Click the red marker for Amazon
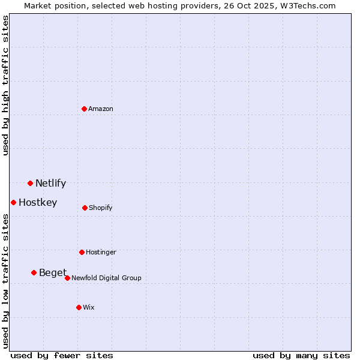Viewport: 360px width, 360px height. pyautogui.click(x=85, y=109)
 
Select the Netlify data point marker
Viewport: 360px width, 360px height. pyautogui.click(x=30, y=183)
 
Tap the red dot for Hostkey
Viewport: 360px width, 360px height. pyautogui.click(x=13, y=202)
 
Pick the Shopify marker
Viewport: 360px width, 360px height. pyautogui.click(x=85, y=208)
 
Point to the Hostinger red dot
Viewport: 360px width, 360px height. pyautogui.click(x=82, y=252)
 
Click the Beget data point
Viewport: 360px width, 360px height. pyautogui.click(x=34, y=272)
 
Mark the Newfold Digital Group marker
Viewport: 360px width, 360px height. pyautogui.click(x=67, y=278)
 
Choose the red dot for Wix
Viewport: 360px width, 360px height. pyautogui.click(x=79, y=307)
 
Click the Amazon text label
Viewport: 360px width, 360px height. pyautogui.click(x=101, y=109)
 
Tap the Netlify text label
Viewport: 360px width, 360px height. pyautogui.click(x=50, y=184)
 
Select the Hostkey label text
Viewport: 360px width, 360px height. pyautogui.click(x=38, y=203)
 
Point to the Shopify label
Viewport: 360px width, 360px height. pyautogui.click(x=101, y=208)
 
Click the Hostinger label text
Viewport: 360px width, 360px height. pyautogui.click(x=101, y=253)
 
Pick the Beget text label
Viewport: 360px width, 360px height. pyautogui.click(x=53, y=273)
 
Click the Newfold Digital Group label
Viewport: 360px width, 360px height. pyautogui.click(x=106, y=278)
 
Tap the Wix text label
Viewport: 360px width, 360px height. pyautogui.click(x=89, y=308)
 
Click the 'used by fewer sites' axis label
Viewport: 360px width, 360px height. pyautogui.click(x=62, y=355)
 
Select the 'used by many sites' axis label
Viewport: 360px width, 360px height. pyautogui.click(x=301, y=355)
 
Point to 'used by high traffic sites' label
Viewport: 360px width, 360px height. pyautogui.click(x=5, y=85)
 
